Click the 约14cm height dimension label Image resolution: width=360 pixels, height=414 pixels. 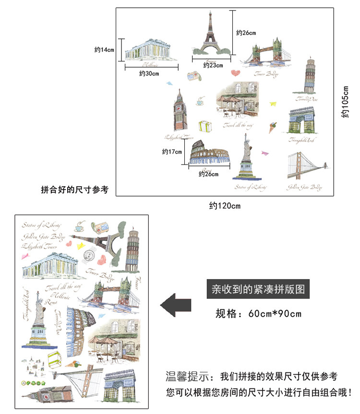pyautogui.click(x=104, y=49)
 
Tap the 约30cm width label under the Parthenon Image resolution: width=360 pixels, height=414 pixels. pyautogui.click(x=149, y=74)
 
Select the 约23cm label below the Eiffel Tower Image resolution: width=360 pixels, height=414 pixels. pyautogui.click(x=213, y=65)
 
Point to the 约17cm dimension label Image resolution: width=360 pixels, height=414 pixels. pyautogui.click(x=172, y=152)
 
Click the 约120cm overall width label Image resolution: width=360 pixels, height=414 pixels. pyautogui.click(x=224, y=206)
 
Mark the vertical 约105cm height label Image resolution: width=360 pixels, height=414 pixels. pyautogui.click(x=345, y=102)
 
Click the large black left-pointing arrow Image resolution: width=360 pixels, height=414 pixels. pyautogui.click(x=176, y=305)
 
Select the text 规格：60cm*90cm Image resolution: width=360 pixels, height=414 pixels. pyautogui.click(x=258, y=314)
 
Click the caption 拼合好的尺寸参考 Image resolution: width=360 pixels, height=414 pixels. pyautogui.click(x=74, y=190)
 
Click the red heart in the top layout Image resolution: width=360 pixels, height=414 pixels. pyautogui.click(x=235, y=73)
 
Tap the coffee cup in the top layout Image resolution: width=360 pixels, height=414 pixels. pyautogui.click(x=200, y=102)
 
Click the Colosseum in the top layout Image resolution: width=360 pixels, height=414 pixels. pyautogui.click(x=209, y=153)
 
